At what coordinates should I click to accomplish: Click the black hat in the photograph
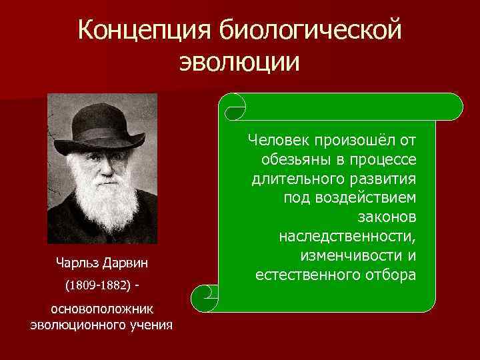(101, 124)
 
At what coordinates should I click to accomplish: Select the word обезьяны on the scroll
(293, 159)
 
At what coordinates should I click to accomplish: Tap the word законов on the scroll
(387, 217)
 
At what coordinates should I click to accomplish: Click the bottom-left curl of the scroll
(204, 294)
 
